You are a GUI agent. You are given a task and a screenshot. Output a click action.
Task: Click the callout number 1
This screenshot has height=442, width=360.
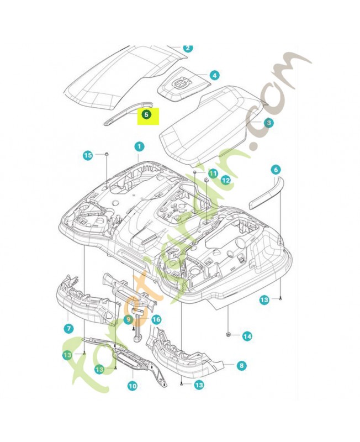139,146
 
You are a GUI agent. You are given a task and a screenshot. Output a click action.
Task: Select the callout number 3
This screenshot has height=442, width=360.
268,123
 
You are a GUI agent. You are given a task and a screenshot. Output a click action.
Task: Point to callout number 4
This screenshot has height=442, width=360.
214,75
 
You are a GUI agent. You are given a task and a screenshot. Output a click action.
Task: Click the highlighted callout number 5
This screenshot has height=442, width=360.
146,115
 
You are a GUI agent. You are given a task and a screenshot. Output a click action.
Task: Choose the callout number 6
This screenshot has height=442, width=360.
276,170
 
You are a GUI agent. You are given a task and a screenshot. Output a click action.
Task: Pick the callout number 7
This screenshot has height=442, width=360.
69,328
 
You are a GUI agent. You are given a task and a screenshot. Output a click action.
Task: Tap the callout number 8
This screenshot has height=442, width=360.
241,365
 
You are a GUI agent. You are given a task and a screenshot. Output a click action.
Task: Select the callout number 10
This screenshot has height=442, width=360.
133,386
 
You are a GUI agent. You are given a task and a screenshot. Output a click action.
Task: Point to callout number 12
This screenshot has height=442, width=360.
225,180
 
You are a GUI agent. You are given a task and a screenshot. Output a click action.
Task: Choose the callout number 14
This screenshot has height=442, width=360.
247,335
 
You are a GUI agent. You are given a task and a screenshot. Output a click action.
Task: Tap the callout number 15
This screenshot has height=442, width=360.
88,156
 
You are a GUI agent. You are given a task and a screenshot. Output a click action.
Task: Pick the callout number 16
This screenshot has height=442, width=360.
156,319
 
